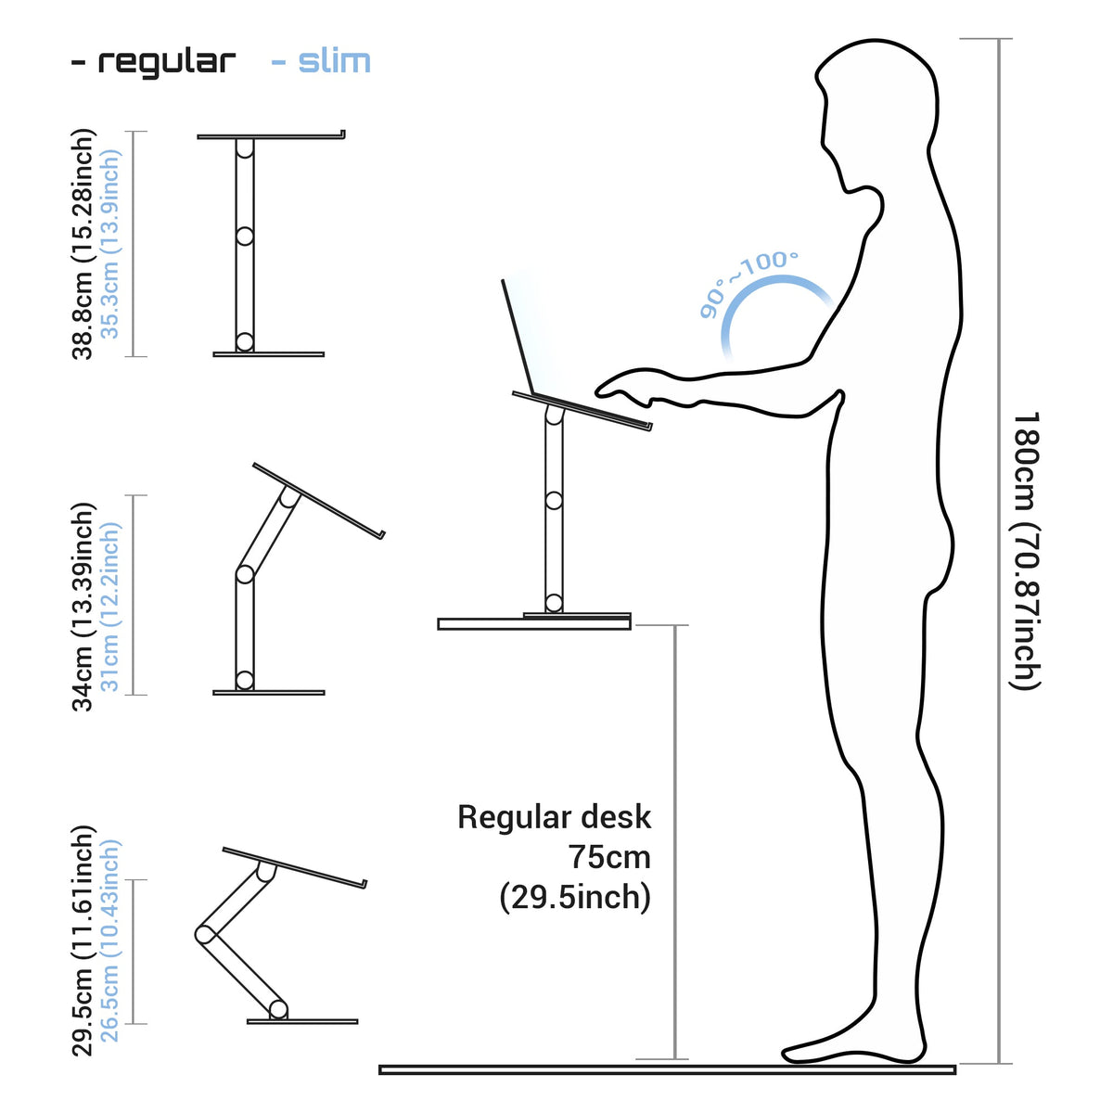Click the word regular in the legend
[167, 62]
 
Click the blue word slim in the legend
[335, 61]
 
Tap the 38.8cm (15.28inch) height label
[82, 244]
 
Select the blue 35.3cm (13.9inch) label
[109, 244]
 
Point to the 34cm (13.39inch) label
[82, 607]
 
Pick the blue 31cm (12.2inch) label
[109, 607]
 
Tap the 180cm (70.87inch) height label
[1027, 550]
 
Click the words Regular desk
[554, 817]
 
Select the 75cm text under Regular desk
[610, 857]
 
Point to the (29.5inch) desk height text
[575, 898]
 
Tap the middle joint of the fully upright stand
[244, 236]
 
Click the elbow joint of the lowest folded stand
[203, 935]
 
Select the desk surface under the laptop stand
[533, 624]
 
